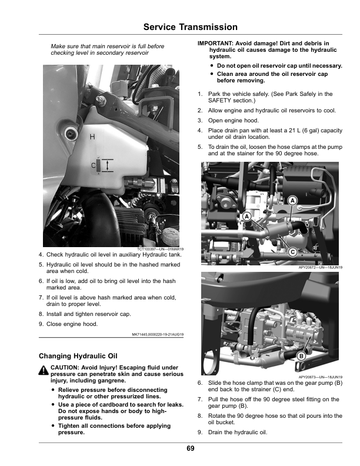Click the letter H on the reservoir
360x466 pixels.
(92, 137)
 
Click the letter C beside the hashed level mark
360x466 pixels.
(92, 165)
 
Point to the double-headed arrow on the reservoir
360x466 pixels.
(105, 165)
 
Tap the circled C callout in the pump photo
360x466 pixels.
(292, 251)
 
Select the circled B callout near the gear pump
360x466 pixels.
(301, 356)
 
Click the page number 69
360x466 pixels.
(191, 449)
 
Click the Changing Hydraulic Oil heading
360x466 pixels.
(78, 356)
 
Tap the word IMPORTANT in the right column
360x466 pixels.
(215, 44)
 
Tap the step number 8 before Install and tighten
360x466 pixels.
(40, 314)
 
